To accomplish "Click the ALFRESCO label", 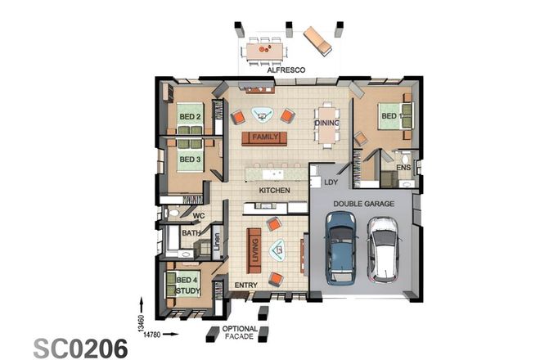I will [286, 71].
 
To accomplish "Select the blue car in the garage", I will [340, 246].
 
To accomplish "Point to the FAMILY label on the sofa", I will [264, 137].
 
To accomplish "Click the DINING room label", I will [326, 124].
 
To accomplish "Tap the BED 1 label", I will [389, 117].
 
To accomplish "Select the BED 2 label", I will [190, 117].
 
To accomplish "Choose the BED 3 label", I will [190, 159].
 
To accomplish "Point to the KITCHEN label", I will [275, 191].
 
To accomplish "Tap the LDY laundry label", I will [331, 182].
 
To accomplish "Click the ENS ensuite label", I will [403, 168].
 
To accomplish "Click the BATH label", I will [191, 233].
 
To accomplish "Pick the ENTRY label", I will [245, 286].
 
